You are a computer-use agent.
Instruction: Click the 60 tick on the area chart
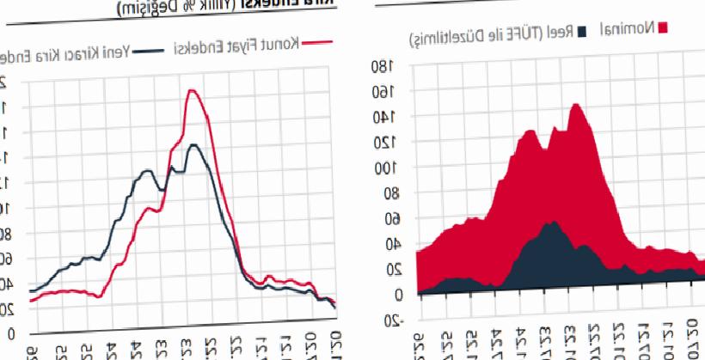393,219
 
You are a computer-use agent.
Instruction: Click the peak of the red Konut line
192,90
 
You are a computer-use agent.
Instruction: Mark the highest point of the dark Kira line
193,145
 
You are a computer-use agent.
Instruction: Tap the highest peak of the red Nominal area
575,105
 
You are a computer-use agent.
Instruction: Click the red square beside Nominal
663,28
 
